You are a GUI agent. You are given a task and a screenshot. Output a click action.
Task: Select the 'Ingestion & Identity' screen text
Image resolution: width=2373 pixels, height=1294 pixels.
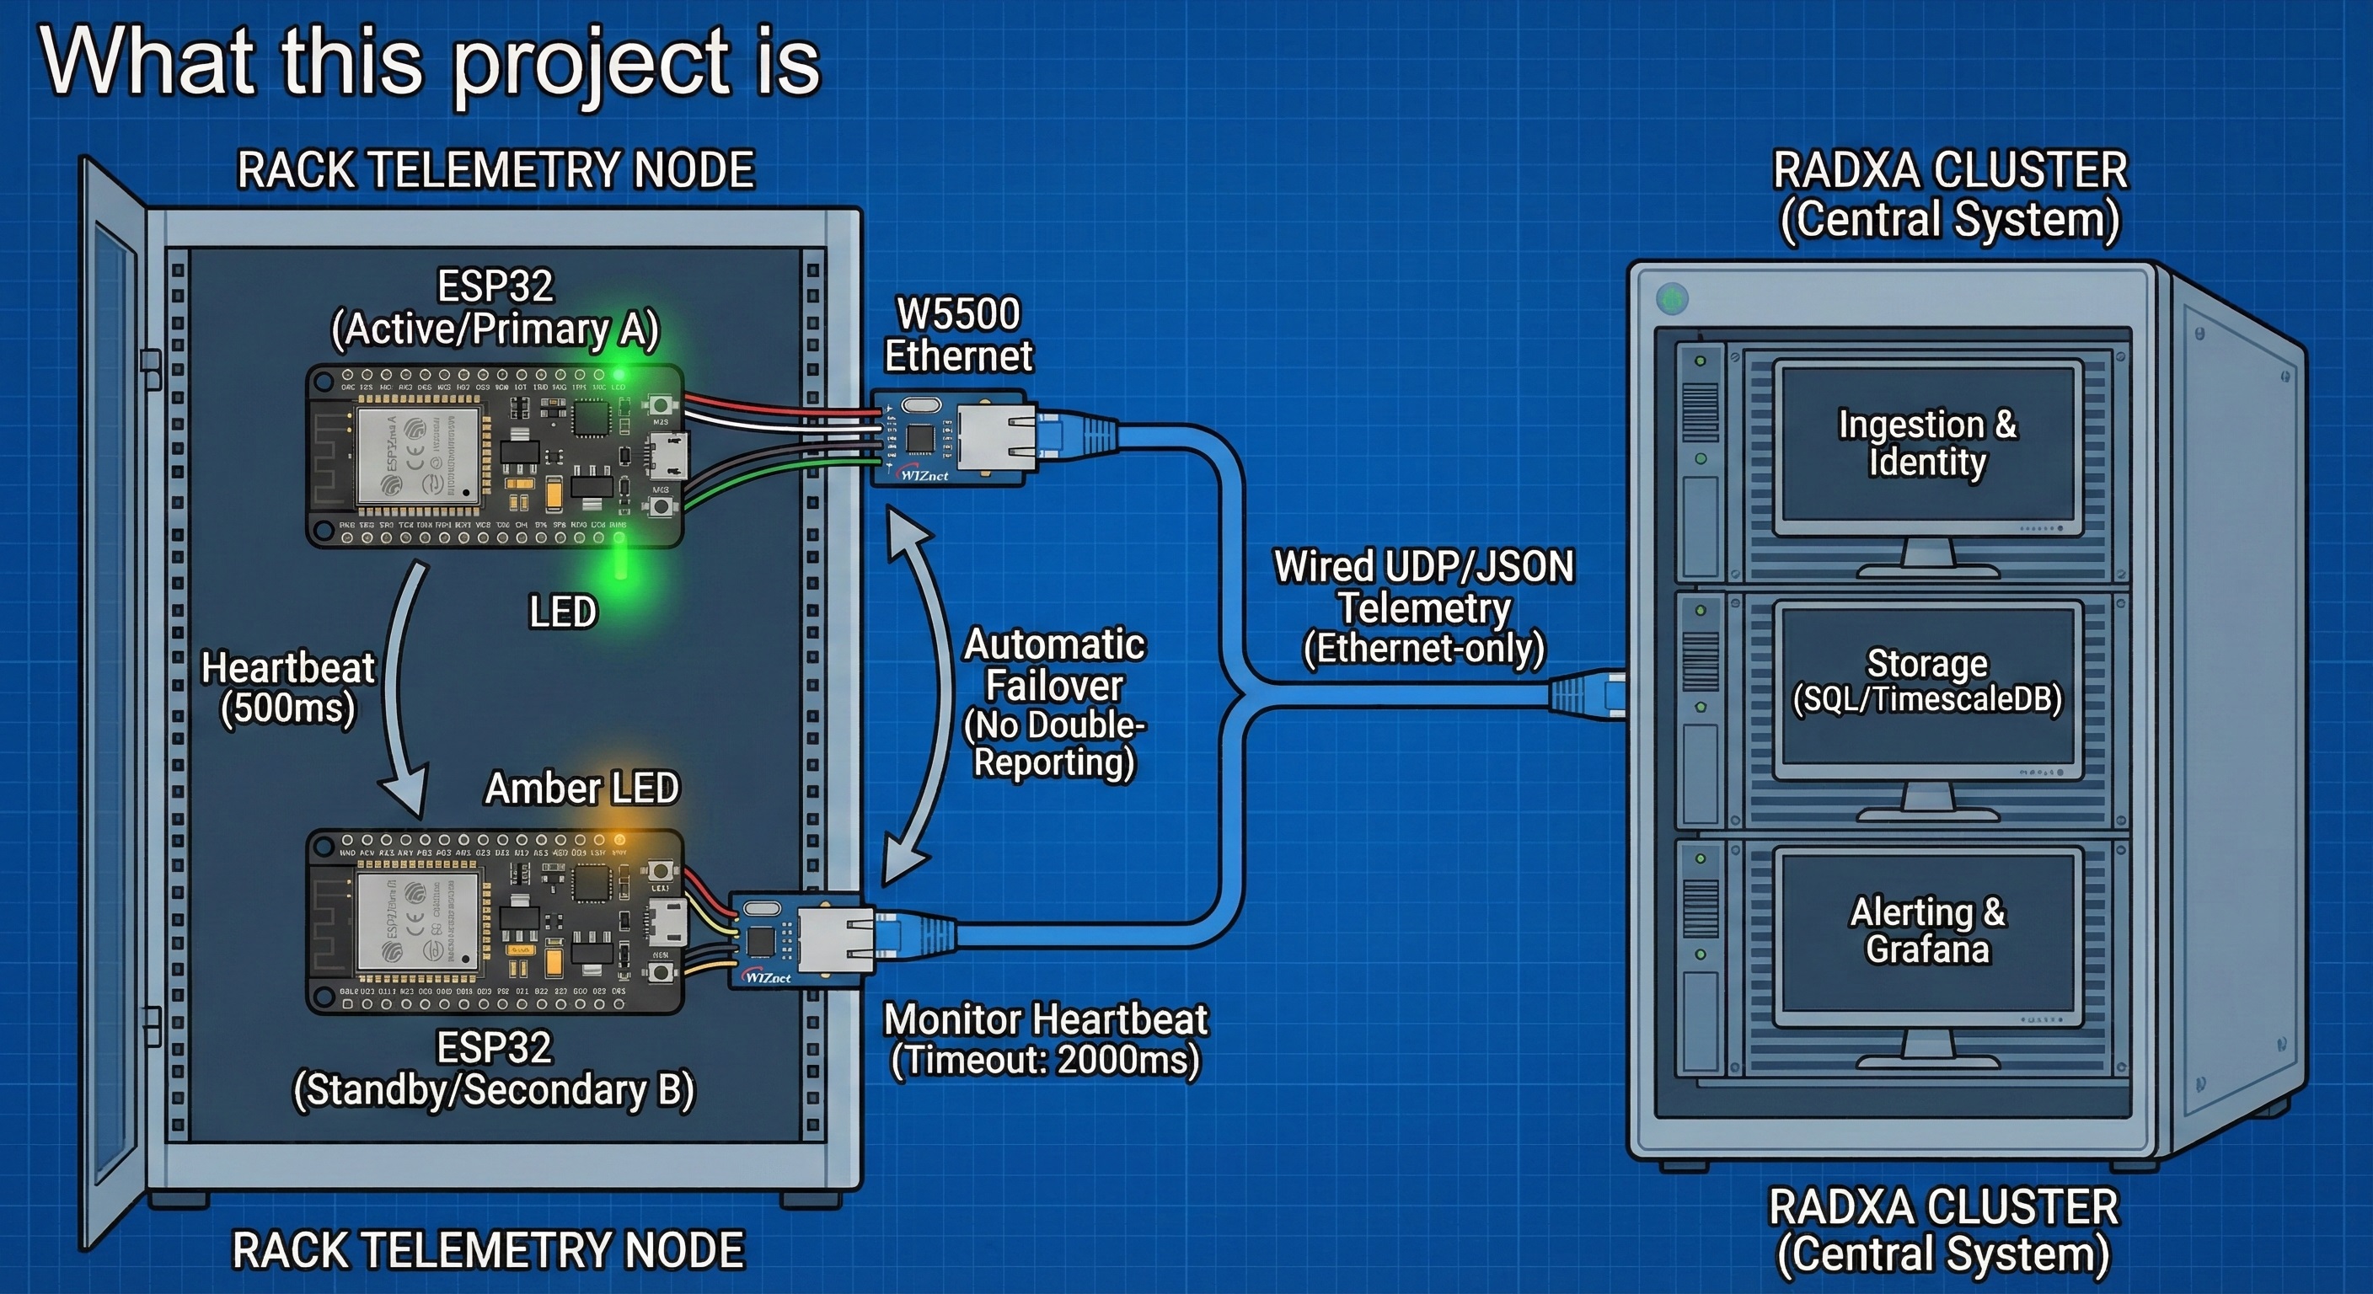coord(1927,443)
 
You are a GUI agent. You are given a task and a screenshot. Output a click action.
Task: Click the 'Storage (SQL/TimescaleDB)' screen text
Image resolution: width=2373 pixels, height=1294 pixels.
coord(1927,682)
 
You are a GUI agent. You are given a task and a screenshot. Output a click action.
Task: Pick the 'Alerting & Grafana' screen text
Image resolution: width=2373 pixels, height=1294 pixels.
coord(1927,930)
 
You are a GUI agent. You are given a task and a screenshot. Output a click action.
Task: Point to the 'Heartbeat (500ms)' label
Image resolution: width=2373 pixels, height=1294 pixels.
coord(287,688)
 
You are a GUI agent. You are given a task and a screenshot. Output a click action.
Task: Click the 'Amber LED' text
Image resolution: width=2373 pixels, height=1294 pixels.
coord(581,789)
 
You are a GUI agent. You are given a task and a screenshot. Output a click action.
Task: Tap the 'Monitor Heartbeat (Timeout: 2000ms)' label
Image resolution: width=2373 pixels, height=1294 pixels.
coord(1046,1040)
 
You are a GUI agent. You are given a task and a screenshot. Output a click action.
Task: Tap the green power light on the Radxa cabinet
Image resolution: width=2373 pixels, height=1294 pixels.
coord(1672,299)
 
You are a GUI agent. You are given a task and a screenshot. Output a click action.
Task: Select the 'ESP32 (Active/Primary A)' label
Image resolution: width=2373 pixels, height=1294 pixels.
coord(495,308)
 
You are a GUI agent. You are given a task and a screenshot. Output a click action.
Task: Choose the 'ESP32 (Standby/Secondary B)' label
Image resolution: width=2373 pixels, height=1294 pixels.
coord(494,1069)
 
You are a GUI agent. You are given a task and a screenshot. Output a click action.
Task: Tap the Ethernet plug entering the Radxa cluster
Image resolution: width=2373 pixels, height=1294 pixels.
coord(1586,692)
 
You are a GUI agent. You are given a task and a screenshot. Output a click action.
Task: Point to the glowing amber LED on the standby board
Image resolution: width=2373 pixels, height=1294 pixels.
coord(620,840)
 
